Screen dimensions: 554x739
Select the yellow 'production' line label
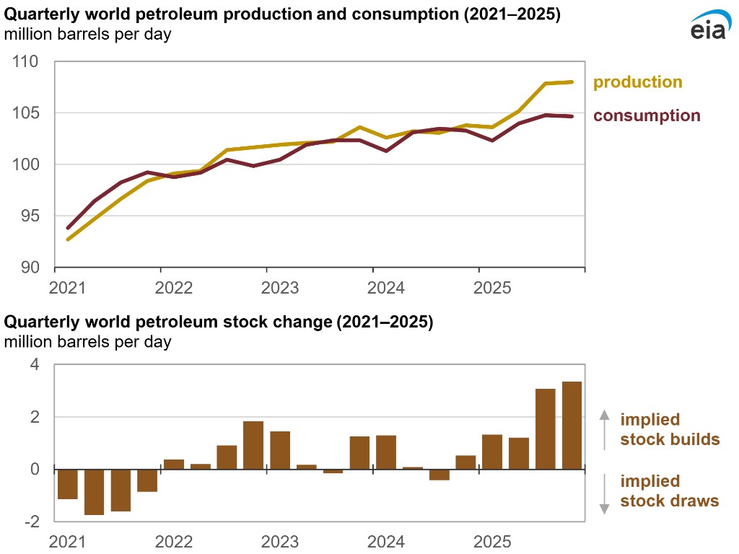(637, 82)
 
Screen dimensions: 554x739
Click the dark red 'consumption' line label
(647, 115)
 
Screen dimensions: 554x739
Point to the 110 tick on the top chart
(29, 62)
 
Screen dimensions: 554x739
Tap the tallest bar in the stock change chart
(572, 426)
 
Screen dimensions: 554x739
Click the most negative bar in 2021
(94, 492)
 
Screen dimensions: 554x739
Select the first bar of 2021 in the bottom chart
(67, 484)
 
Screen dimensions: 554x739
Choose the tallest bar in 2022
(253, 445)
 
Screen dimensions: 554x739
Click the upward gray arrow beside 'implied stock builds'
(605, 430)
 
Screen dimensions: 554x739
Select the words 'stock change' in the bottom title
(270, 322)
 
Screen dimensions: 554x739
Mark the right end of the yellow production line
(572, 82)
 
